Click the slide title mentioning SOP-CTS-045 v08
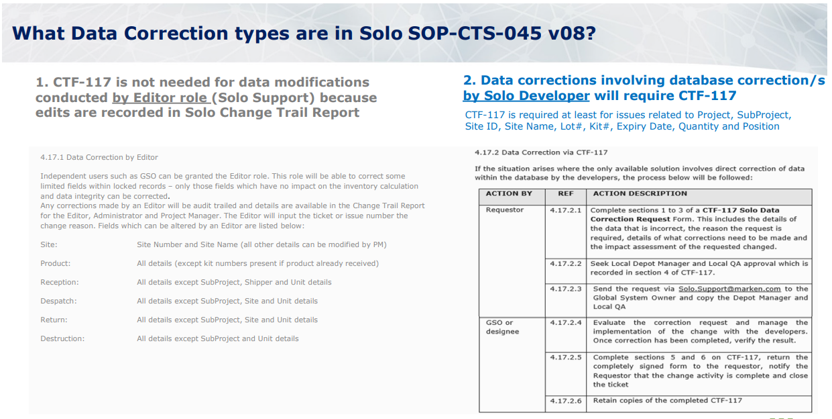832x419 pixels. point(304,33)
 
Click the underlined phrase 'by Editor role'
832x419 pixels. point(162,97)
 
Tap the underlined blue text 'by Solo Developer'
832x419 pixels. point(526,95)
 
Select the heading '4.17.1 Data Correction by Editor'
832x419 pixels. point(99,157)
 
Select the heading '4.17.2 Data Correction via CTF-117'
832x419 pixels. point(541,152)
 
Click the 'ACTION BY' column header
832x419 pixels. point(509,193)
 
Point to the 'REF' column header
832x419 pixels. point(566,193)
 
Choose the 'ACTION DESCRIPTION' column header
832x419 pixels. point(640,193)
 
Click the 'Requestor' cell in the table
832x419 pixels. point(504,210)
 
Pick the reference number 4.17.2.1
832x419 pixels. point(566,210)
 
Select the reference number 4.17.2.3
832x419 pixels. point(566,289)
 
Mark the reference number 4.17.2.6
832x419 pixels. point(566,401)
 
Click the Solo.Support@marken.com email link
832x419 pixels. point(729,289)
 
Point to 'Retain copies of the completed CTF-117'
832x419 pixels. point(668,400)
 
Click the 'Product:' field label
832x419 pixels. point(56,263)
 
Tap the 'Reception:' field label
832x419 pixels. point(60,283)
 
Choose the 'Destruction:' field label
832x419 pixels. point(62,338)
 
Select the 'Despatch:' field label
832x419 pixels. point(58,301)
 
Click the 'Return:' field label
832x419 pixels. point(54,320)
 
